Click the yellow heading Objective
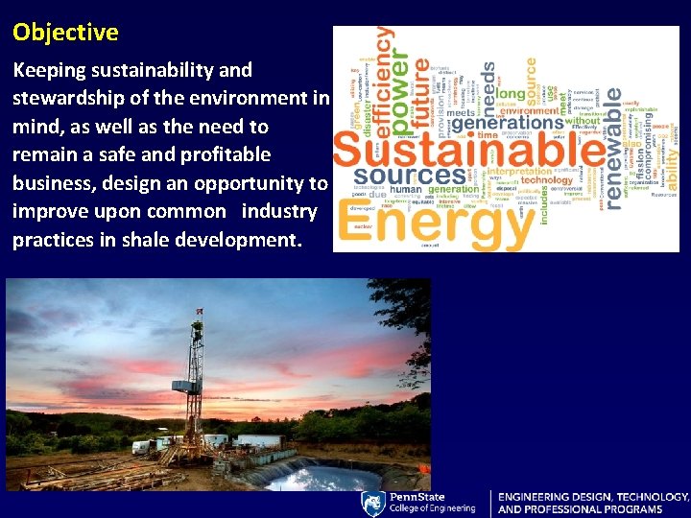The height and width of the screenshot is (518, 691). pos(65,33)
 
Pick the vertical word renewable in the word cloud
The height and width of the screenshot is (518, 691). pos(614,125)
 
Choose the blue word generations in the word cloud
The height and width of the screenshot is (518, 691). pos(508,123)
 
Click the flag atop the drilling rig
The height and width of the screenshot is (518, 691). pos(199,311)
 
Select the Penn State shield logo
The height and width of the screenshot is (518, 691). pos(373,504)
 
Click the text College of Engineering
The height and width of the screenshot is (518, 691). pos(433,508)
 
